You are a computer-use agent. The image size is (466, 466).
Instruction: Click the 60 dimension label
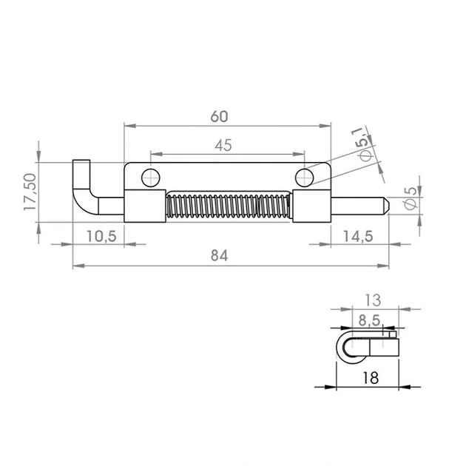[x=220, y=117]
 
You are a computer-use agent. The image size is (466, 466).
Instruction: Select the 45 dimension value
[x=223, y=145]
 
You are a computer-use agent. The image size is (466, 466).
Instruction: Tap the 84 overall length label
[x=220, y=256]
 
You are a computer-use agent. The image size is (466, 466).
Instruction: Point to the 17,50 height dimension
[x=30, y=192]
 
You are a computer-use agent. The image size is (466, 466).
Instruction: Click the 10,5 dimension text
[x=101, y=237]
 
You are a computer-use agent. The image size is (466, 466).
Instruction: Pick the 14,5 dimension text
[x=358, y=237]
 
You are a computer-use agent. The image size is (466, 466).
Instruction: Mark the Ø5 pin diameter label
[x=411, y=198]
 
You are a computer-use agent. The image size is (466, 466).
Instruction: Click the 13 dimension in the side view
[x=372, y=300]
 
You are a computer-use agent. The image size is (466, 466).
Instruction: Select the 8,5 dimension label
[x=369, y=320]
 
